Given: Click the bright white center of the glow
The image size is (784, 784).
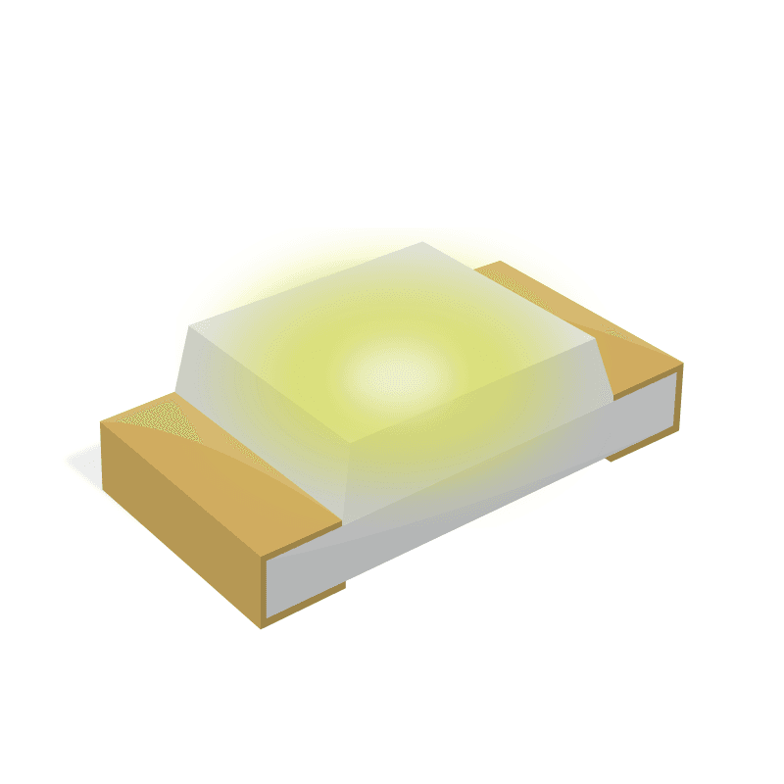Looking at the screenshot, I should tap(397, 373).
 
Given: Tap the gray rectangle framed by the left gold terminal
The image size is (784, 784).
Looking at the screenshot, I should tap(304, 583).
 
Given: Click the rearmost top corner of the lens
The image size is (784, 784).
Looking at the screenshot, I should tap(423, 242).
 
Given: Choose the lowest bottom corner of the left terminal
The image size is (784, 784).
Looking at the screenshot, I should tap(261, 628).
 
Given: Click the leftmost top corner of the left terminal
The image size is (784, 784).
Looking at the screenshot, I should tap(101, 422).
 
